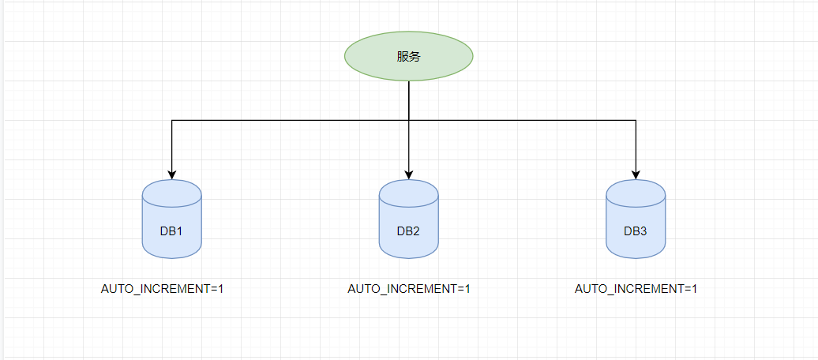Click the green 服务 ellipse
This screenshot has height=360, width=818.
tap(408, 56)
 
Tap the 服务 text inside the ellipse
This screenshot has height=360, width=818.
tap(408, 57)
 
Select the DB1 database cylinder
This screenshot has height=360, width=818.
tap(171, 219)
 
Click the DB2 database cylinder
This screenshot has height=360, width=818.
tap(408, 219)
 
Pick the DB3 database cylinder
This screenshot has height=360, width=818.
tap(636, 219)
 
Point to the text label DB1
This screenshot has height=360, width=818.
tap(171, 231)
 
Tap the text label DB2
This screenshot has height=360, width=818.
tap(408, 231)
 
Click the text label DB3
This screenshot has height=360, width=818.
tap(636, 231)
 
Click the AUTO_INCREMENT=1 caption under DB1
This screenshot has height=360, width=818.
tap(162, 289)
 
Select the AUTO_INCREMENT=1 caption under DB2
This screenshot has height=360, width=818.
tap(409, 289)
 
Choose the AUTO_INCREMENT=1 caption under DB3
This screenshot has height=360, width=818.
tap(636, 289)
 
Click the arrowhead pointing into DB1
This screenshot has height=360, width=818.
tap(171, 174)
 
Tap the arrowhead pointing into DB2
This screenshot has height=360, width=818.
tap(408, 174)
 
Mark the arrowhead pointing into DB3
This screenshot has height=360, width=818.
tap(636, 174)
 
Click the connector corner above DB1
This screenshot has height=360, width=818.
tap(171, 121)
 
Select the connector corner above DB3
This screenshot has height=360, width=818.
tap(636, 121)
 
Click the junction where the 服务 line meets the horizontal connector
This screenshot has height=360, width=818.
tap(408, 121)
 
